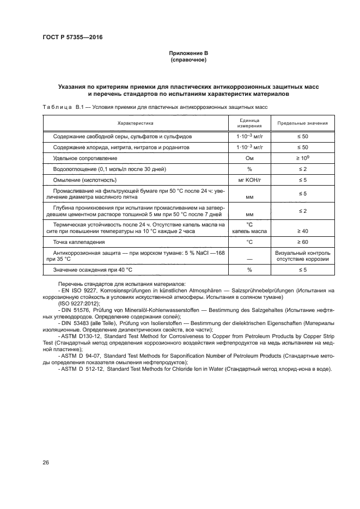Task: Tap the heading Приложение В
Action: coord(188,53)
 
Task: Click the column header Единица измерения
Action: coord(249,123)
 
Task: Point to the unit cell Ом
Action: coord(249,158)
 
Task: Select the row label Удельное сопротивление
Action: coord(85,158)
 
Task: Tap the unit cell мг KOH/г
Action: coord(249,180)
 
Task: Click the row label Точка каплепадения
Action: coord(78,241)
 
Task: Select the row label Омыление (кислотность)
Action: coord(85,180)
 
